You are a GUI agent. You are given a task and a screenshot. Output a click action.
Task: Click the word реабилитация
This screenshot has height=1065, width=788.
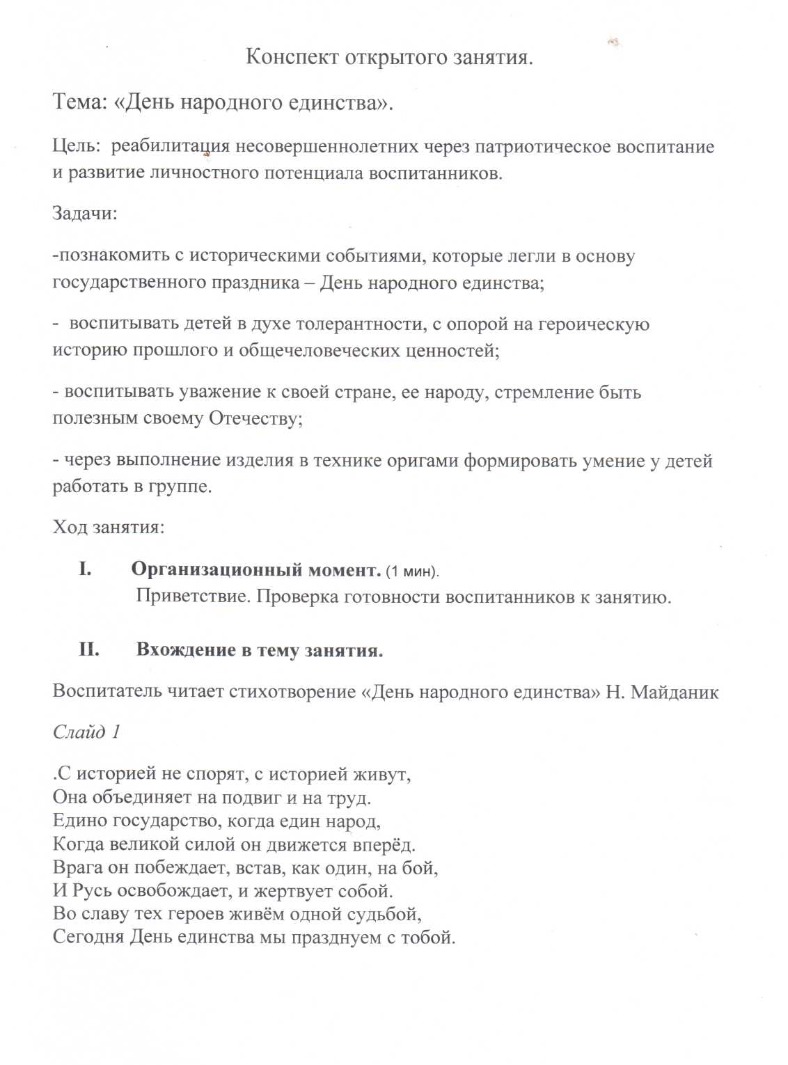171,148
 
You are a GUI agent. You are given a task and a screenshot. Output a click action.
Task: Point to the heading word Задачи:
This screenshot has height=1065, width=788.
85,213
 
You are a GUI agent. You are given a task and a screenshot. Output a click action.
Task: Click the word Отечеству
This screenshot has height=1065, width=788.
255,419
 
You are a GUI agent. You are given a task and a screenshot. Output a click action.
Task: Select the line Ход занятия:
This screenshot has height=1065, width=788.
109,527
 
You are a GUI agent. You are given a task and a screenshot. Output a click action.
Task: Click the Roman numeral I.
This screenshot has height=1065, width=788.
85,570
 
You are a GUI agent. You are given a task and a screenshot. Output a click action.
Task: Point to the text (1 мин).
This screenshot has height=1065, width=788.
413,571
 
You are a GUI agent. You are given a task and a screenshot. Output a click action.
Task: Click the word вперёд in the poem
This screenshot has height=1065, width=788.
386,845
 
